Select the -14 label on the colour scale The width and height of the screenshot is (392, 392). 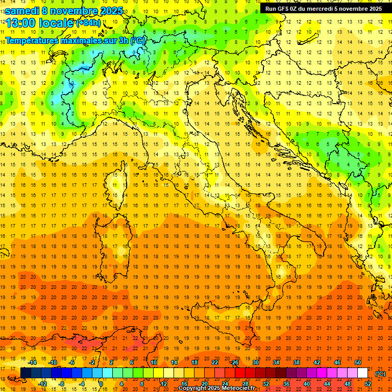click(32, 362)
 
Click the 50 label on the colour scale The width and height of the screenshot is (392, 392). click(358, 362)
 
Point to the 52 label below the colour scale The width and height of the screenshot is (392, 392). click(368, 384)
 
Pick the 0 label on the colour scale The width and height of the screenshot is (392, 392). click(101, 384)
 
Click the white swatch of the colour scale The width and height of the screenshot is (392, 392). click(363, 373)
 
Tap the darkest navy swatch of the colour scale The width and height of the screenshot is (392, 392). click(26, 373)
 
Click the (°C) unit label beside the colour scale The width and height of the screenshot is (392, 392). click(380, 374)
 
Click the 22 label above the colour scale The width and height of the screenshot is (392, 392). click(215, 362)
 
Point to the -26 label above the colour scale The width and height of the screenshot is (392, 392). click(234, 362)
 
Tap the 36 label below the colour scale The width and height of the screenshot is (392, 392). click(286, 384)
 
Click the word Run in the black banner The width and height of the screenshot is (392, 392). click(270, 9)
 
